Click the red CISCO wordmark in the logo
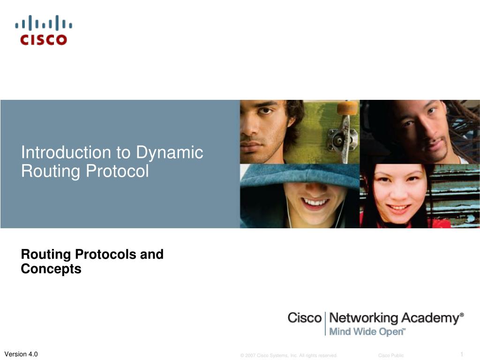43,40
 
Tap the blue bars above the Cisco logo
43,23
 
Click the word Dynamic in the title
170,153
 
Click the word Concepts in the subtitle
51,269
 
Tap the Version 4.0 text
21,354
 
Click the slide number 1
461,353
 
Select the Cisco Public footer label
390,355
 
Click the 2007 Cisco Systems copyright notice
289,355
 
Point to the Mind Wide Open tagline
367,332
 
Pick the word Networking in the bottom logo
363,318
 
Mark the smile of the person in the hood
315,202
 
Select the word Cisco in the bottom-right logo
304,318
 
